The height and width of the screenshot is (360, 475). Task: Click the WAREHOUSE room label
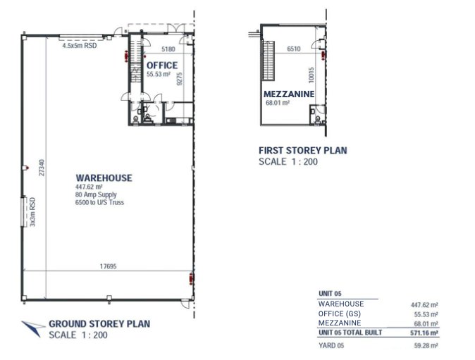tap(104, 178)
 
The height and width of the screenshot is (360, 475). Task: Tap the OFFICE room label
tap(162, 66)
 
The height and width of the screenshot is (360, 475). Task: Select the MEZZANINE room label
tap(289, 94)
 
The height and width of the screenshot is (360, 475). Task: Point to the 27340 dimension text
tap(42, 168)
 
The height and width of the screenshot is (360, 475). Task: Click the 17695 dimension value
tap(108, 266)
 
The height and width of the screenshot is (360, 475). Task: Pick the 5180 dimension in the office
tap(168, 49)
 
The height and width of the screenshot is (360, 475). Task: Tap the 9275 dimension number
tap(179, 78)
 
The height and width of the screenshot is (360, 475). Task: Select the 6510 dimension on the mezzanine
tap(294, 49)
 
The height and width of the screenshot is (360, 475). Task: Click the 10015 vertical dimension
tap(311, 75)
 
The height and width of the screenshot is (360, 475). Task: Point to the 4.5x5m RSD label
tap(80, 46)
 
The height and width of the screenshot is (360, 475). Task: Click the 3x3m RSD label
tap(32, 212)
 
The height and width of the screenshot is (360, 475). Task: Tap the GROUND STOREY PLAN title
tap(99, 323)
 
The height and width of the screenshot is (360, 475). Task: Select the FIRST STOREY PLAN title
tap(303, 151)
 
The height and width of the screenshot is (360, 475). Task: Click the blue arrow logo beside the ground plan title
tap(33, 328)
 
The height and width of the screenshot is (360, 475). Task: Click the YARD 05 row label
tap(331, 345)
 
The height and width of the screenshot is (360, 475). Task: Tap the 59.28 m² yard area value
tap(426, 345)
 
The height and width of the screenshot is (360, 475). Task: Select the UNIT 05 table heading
tap(330, 293)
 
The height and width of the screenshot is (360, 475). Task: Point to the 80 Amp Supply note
tap(96, 194)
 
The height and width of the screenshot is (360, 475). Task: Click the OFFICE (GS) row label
tap(339, 314)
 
